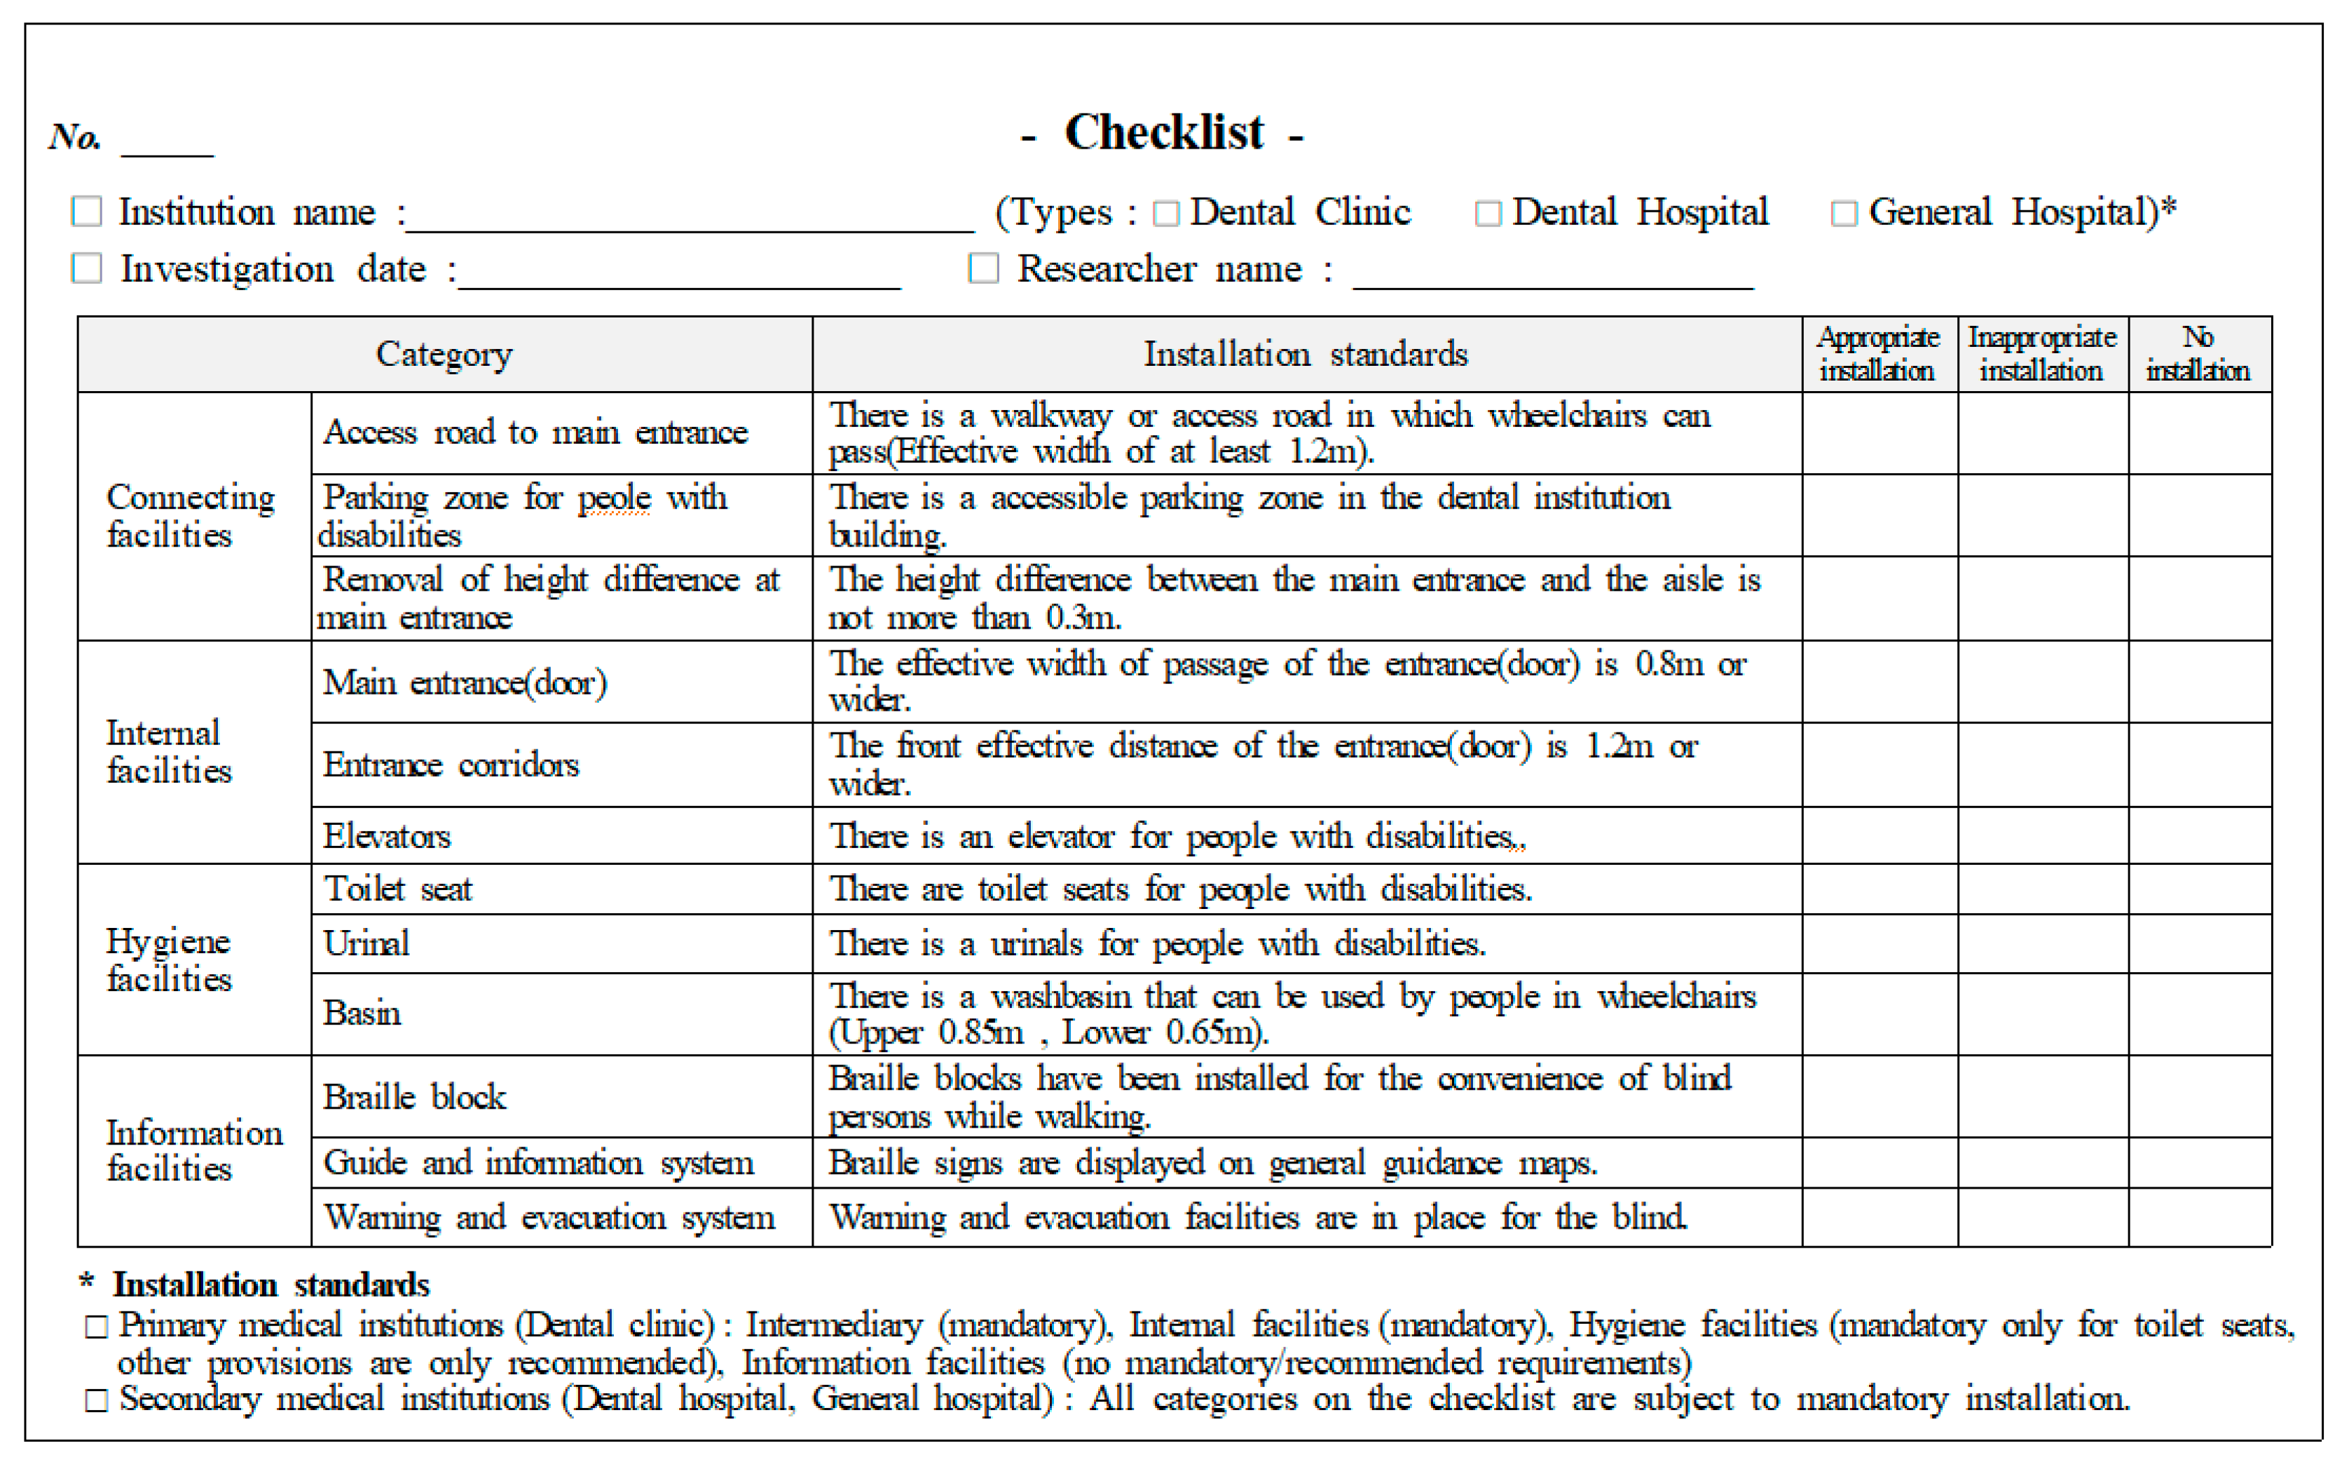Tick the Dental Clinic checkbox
1166,214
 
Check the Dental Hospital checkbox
1488,214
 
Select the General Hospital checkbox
1844,214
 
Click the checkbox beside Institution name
87,212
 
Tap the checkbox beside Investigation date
87,268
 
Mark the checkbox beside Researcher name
983,268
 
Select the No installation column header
2198,355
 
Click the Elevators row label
387,836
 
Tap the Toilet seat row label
397,889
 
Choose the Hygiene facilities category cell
169,960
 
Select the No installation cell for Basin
2199,1014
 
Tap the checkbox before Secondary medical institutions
96,1401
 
